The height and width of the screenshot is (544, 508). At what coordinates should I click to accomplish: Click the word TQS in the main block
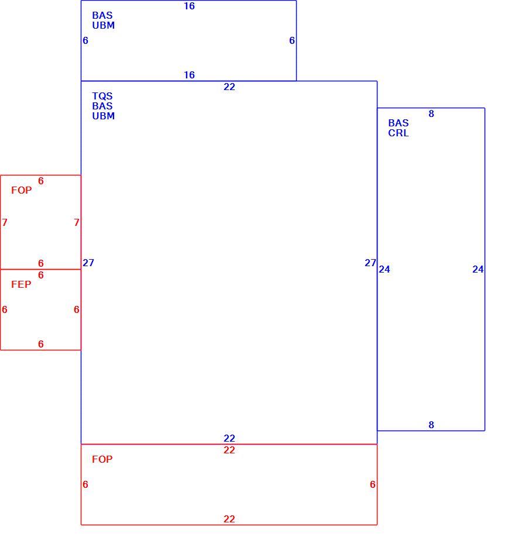[x=102, y=96]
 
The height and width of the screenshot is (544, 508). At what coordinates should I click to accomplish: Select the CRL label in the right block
[x=399, y=133]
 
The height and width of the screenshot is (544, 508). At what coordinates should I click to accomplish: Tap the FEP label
[x=21, y=284]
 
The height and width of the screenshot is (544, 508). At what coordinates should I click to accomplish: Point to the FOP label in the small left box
[x=21, y=190]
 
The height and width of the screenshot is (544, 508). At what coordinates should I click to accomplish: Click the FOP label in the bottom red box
[x=102, y=459]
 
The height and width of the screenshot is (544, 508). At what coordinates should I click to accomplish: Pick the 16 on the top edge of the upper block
[x=189, y=6]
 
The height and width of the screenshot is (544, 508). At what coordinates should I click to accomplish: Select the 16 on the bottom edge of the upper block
[x=189, y=75]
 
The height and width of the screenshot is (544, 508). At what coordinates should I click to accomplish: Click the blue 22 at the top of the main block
[x=229, y=87]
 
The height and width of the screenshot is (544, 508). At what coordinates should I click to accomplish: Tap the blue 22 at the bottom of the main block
[x=229, y=438]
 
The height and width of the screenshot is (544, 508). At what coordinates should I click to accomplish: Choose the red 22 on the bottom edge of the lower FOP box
[x=229, y=519]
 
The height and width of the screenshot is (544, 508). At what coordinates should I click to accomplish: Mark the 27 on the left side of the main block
[x=88, y=263]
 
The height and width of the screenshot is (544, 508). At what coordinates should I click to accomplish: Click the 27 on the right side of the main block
[x=370, y=263]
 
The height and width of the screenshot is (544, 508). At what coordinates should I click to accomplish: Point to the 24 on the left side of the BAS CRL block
[x=385, y=269]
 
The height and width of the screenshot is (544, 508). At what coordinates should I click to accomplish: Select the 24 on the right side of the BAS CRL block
[x=478, y=269]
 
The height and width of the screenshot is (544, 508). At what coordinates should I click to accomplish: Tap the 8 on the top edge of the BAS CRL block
[x=431, y=114]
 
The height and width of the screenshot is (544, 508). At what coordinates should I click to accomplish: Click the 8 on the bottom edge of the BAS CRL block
[x=431, y=425]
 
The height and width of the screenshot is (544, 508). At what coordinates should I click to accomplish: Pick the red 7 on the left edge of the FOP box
[x=5, y=222]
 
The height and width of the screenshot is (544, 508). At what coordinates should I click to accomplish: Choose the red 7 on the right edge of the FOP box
[x=77, y=222]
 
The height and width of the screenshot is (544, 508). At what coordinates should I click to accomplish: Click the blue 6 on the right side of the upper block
[x=292, y=40]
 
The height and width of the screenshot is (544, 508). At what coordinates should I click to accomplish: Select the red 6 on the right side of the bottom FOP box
[x=373, y=484]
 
